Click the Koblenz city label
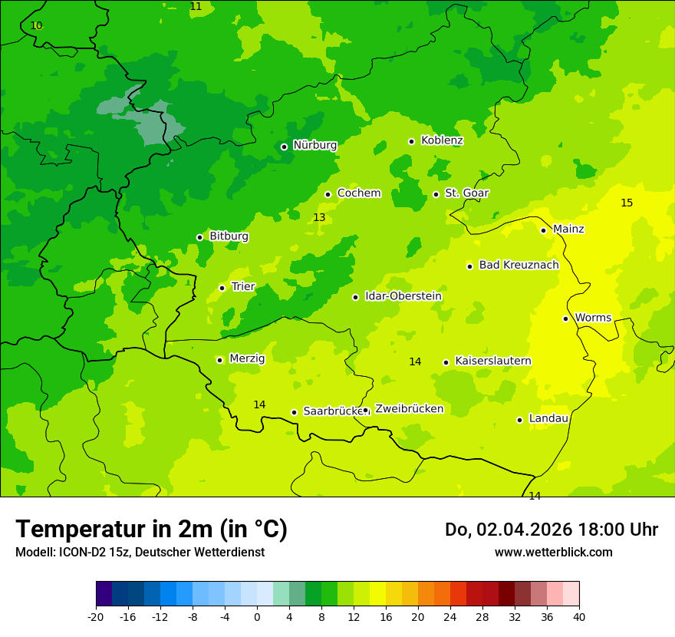(442, 140)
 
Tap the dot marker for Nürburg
(284, 147)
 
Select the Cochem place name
(359, 193)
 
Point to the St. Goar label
(466, 193)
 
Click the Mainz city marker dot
(543, 230)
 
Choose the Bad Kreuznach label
(519, 266)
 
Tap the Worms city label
(593, 318)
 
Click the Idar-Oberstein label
(403, 296)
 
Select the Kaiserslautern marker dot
(446, 362)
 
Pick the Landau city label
(548, 419)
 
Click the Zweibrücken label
(409, 409)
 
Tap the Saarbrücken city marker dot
(294, 412)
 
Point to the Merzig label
(247, 358)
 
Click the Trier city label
(243, 287)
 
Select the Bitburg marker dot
(199, 237)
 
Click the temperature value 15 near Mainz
(627, 203)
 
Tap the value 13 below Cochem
(319, 218)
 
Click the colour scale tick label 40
(579, 616)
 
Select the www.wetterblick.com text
(553, 553)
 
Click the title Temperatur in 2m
(151, 530)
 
